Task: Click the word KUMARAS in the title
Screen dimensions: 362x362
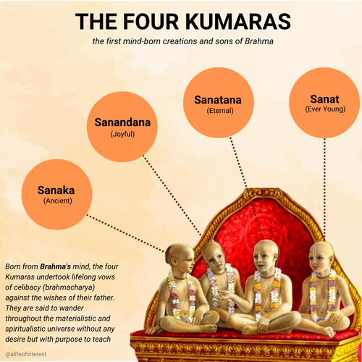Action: click(x=238, y=22)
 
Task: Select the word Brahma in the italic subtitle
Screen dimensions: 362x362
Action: click(x=259, y=41)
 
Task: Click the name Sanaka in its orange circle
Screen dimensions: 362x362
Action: click(x=56, y=190)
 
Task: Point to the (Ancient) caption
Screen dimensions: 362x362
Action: click(x=58, y=201)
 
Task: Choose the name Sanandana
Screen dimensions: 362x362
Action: click(x=122, y=122)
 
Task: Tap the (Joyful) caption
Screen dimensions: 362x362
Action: click(x=122, y=134)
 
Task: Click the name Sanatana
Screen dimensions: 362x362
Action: click(x=218, y=100)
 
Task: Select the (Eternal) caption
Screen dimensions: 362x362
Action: click(x=220, y=111)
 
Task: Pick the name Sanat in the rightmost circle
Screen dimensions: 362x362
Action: click(x=324, y=99)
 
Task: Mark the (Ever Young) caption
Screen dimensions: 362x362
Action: click(x=325, y=109)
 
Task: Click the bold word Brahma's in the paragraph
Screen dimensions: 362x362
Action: click(x=55, y=266)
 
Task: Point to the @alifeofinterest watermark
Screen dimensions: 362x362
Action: click(x=25, y=354)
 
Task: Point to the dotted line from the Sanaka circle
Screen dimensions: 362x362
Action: click(x=126, y=234)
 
